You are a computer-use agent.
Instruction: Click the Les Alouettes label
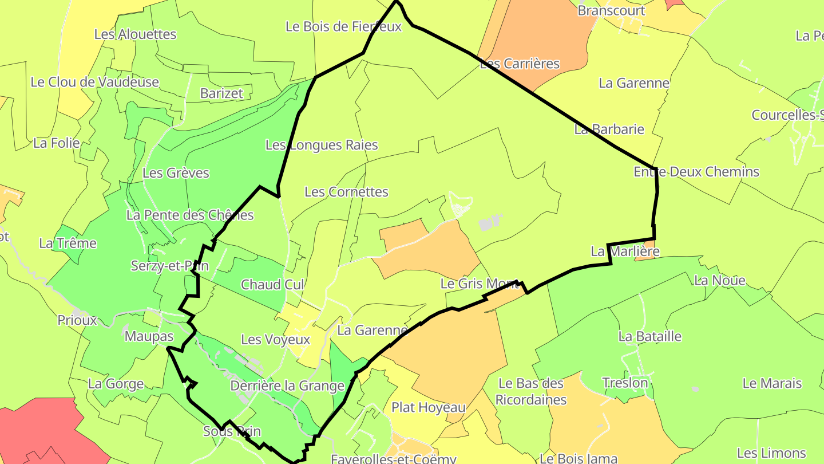pos(135,34)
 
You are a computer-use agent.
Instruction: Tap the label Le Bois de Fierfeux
pos(343,26)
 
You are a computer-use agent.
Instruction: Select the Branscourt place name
pos(611,11)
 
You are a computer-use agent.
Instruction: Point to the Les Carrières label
pos(520,64)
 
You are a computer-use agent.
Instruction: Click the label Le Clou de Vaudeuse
pos(94,82)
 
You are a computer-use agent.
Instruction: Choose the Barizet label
pos(221,93)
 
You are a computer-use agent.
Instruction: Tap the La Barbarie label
pos(609,129)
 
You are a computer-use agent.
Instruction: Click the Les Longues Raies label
pos(322,145)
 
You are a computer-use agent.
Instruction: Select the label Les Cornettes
pos(346,192)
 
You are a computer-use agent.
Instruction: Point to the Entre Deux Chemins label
pos(696,172)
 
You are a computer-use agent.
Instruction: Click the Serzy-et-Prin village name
pos(169,266)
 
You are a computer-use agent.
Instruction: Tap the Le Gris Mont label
pos(480,284)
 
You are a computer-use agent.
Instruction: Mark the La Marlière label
pos(625,251)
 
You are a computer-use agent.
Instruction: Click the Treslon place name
pos(625,383)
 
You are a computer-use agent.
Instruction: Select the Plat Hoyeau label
pos(428,407)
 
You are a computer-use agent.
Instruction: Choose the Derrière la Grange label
pos(287,386)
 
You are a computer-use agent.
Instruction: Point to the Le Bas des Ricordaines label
pos(531,391)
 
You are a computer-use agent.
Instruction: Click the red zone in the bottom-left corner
pos(40,435)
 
